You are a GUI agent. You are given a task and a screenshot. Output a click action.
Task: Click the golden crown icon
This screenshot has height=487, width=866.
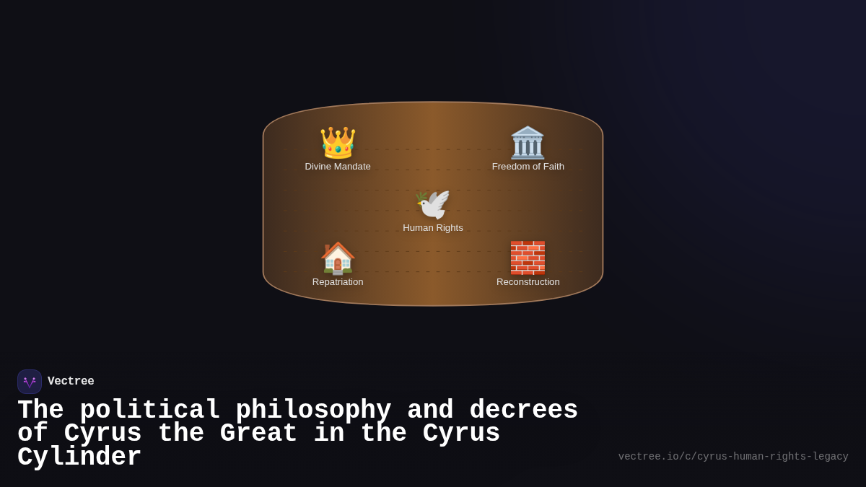338,143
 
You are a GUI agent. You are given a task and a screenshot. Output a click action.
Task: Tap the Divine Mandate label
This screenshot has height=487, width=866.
338,167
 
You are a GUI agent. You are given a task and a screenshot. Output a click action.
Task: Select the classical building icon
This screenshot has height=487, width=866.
528,143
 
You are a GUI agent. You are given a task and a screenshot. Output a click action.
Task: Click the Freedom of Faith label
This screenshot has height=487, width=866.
528,167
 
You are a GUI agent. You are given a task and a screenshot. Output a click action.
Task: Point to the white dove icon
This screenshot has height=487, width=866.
433,204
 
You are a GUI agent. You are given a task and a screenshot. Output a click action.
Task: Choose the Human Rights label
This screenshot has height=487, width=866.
433,228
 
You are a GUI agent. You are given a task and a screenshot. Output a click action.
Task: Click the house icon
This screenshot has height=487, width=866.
338,258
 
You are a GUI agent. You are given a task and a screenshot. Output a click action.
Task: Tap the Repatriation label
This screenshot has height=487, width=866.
338,282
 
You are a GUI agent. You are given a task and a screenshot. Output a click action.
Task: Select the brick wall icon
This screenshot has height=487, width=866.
528,258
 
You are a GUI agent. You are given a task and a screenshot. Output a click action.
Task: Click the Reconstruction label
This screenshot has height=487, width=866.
528,282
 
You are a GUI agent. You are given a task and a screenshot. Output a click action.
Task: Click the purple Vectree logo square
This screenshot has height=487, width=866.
30,382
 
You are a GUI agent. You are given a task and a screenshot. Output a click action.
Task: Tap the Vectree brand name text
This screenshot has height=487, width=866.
71,382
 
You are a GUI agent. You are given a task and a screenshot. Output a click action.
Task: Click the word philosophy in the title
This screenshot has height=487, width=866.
313,411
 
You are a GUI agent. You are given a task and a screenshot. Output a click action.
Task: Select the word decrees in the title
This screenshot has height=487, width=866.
524,411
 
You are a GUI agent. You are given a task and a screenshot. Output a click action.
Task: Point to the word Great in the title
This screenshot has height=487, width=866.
258,434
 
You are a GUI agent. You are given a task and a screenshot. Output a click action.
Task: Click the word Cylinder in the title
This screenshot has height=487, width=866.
79,457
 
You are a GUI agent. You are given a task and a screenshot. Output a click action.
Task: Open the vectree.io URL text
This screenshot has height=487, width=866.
733,457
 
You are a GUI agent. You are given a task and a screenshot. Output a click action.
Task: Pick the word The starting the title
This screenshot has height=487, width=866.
40,411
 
